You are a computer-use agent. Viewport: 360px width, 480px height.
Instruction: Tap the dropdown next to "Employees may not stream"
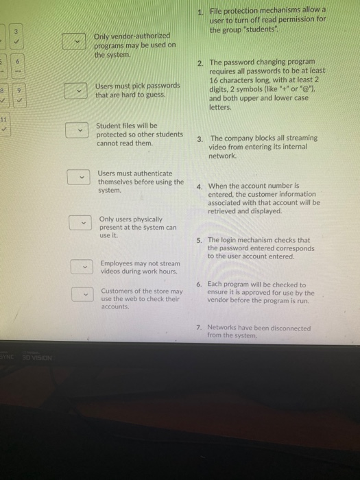[82, 266]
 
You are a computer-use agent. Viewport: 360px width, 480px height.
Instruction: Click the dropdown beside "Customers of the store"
[84, 295]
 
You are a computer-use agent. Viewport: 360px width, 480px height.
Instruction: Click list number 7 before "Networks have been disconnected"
[198, 328]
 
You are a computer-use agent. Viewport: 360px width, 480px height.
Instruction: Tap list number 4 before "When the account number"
[198, 186]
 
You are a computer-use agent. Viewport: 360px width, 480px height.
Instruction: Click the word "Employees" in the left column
[116, 263]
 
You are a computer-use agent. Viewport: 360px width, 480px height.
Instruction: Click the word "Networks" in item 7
[221, 328]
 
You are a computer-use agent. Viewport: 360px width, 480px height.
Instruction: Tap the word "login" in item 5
[228, 241]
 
